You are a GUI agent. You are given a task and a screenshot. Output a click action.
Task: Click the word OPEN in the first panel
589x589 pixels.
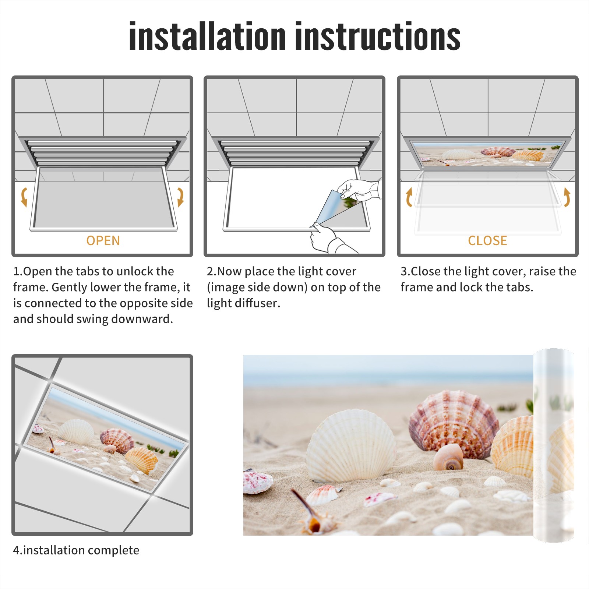(103, 240)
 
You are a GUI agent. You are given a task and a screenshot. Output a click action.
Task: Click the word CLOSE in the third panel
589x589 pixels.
(487, 240)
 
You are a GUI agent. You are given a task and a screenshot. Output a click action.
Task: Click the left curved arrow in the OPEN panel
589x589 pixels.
(24, 197)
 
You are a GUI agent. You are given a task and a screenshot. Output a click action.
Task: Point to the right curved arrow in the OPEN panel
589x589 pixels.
(180, 197)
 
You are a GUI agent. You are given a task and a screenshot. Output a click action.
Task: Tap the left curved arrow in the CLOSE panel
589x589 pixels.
(409, 197)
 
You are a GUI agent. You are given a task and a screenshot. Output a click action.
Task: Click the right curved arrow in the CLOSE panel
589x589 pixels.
(567, 197)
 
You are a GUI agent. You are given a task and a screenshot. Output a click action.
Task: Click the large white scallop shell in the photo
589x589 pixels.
(352, 445)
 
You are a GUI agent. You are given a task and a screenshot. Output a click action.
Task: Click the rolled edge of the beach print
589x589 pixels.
(554, 445)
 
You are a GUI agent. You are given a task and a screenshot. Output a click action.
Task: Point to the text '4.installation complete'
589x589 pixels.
(76, 550)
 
